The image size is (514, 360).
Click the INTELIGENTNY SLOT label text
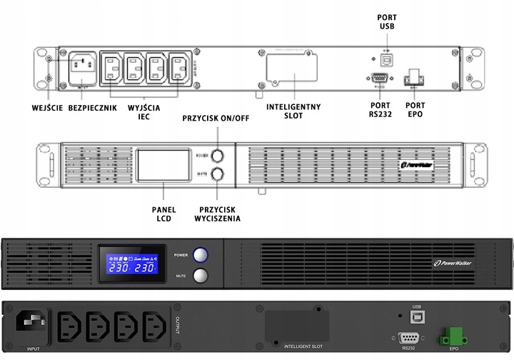(x=293, y=112)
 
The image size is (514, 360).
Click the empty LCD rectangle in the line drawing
(x=162, y=166)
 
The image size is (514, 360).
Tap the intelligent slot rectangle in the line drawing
(x=291, y=69)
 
